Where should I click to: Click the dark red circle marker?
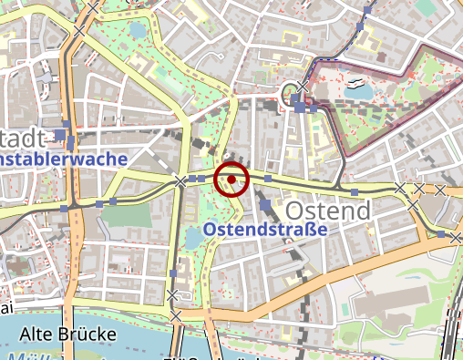(x=231, y=180)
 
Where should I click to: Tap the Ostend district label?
(x=329, y=211)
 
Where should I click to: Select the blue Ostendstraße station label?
(x=265, y=230)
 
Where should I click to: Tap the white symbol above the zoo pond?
(x=355, y=82)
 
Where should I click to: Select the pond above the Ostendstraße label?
(x=194, y=238)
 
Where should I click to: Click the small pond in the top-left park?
(x=137, y=30)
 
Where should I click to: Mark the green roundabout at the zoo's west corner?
(x=291, y=92)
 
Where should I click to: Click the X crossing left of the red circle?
(x=180, y=182)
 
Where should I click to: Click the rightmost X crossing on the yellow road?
(x=441, y=190)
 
